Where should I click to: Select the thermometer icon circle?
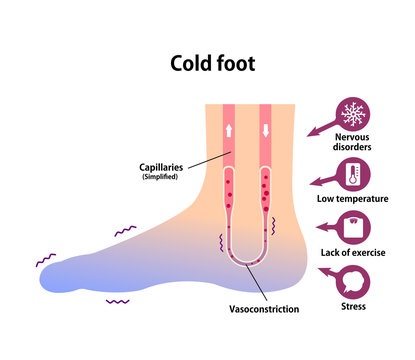coord(353,176)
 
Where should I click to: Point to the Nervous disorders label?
coord(353,146)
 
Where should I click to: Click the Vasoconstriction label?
coord(264,309)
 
